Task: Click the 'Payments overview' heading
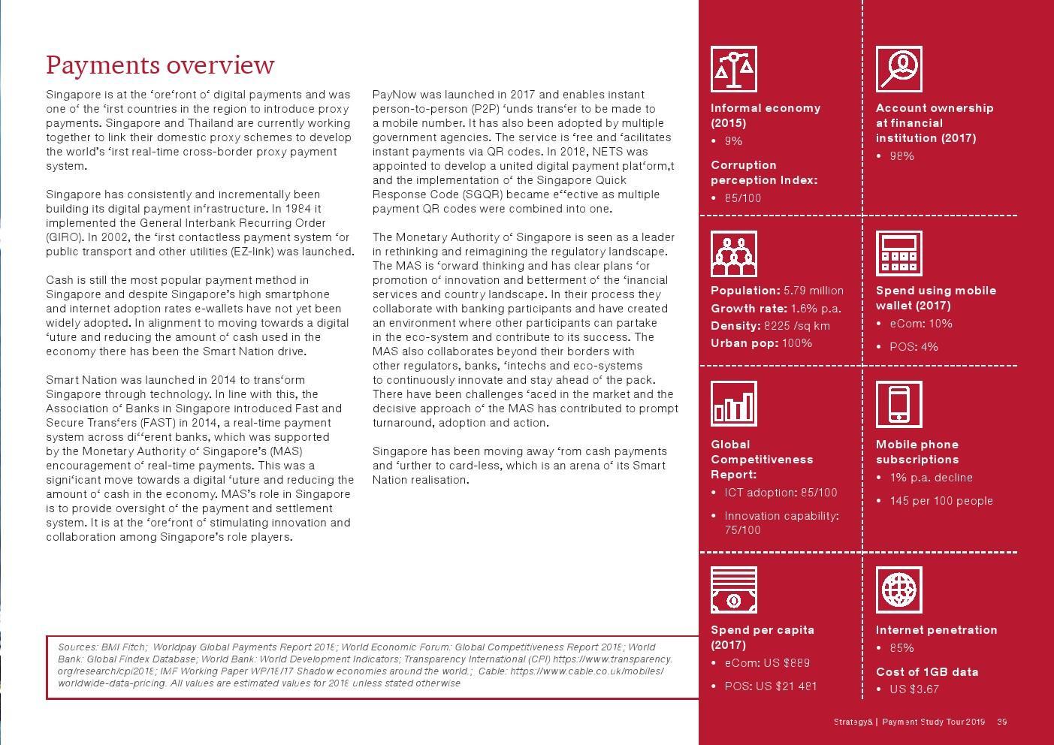point(160,65)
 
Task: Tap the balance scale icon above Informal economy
point(733,69)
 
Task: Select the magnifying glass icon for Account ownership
point(898,69)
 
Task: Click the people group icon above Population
point(733,254)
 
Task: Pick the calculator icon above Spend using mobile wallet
point(898,254)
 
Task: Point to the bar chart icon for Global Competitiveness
point(733,404)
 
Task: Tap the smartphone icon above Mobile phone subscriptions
point(898,404)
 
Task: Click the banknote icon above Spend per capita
point(733,590)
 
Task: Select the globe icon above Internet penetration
point(898,590)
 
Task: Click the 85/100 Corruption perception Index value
point(742,198)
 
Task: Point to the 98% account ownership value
point(901,156)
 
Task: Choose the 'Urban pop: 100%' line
point(761,343)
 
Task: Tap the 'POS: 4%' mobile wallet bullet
point(914,347)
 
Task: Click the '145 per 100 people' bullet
point(941,501)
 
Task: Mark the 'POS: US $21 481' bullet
point(770,686)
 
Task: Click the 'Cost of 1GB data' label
point(926,672)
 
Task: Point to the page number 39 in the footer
point(1001,722)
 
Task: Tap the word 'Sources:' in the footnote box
point(77,647)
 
